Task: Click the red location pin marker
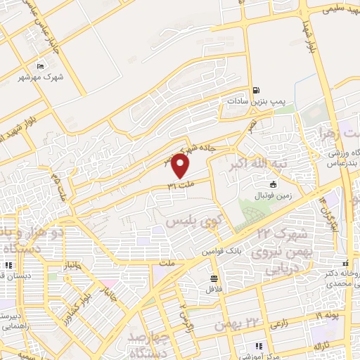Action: click(x=181, y=166)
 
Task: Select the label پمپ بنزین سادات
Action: click(x=256, y=101)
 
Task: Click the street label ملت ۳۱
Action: click(x=179, y=186)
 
